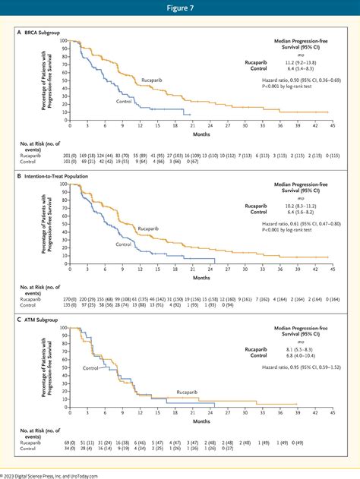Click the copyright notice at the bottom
point(61,474)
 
